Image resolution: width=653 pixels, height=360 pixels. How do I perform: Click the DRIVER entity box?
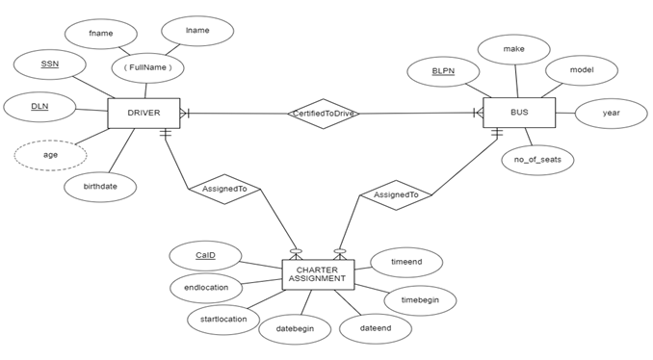pos(144,114)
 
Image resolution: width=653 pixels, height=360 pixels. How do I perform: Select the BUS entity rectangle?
pos(519,114)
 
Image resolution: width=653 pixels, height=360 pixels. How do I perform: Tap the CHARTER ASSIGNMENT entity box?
pos(317,275)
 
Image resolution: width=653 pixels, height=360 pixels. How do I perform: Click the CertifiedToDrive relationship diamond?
pos(324,114)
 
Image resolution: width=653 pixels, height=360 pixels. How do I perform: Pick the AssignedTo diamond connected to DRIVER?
pos(223,190)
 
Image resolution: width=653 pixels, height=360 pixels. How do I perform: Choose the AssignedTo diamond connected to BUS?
pos(395,194)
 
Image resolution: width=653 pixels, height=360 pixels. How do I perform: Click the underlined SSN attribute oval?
pos(50,64)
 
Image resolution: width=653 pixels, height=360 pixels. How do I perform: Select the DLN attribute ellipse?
pos(39,106)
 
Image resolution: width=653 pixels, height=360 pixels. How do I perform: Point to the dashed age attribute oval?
pos(50,155)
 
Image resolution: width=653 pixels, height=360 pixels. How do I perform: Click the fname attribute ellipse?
pos(100,34)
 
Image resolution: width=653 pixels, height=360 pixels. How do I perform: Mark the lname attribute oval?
pos(196,31)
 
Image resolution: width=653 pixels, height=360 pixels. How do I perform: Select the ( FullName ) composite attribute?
pos(148,68)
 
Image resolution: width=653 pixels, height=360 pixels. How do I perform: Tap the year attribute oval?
pos(611,114)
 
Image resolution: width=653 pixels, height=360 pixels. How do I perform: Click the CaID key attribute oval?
pos(205,255)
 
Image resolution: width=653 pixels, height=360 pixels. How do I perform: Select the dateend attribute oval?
pos(375,328)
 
